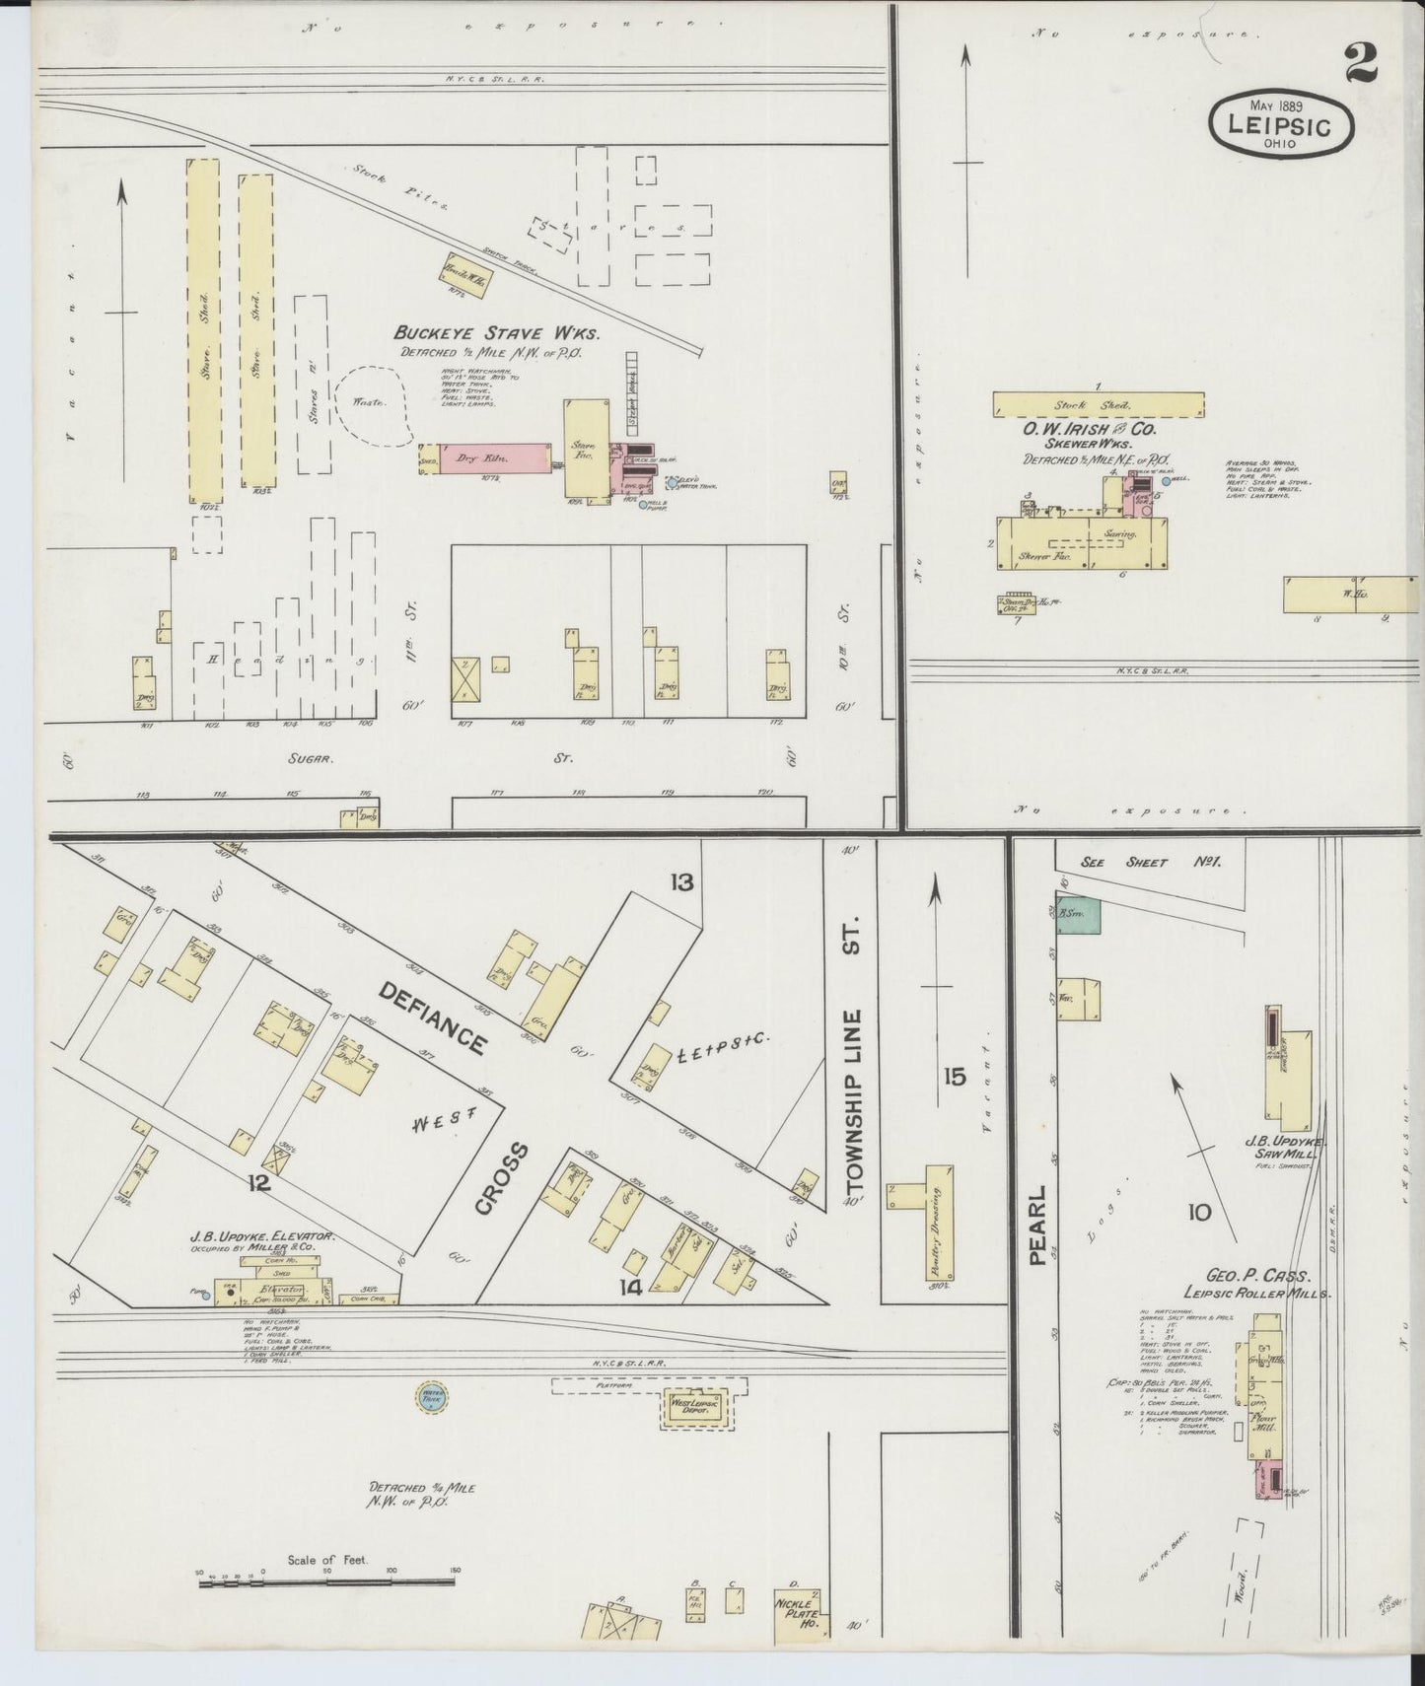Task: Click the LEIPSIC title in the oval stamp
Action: click(x=1280, y=126)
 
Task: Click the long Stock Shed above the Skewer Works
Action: click(x=1097, y=404)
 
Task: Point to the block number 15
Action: click(x=955, y=1077)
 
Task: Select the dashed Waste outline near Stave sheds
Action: click(x=373, y=404)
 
